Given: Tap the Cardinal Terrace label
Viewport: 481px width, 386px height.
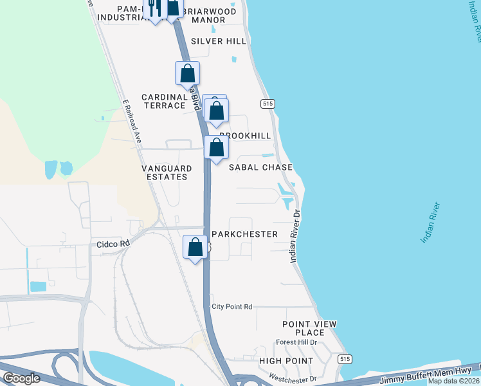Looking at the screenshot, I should coord(165,101).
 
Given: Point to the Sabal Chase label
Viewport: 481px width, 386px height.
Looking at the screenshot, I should coord(261,167).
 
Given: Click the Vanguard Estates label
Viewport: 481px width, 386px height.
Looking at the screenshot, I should coord(167,172).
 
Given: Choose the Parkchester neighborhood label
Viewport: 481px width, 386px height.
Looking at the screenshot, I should coord(244,234).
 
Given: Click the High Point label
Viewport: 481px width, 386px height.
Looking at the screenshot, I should coord(286,361).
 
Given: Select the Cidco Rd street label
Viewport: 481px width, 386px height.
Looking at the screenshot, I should coord(113,244).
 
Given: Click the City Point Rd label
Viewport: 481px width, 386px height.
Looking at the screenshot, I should coord(232,307).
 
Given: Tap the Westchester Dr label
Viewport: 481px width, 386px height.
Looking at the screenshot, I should coord(293,379).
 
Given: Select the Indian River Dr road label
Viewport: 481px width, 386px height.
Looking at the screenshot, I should coord(295,235).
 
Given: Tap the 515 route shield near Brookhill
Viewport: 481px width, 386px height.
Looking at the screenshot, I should coord(268,104).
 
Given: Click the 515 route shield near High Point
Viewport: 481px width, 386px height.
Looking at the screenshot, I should coord(345,359).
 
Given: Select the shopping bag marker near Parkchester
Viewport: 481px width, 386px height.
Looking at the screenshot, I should coord(195,247).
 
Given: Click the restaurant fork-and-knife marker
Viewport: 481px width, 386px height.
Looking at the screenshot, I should coord(154,8).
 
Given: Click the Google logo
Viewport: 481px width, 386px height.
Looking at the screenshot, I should coord(21,378).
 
